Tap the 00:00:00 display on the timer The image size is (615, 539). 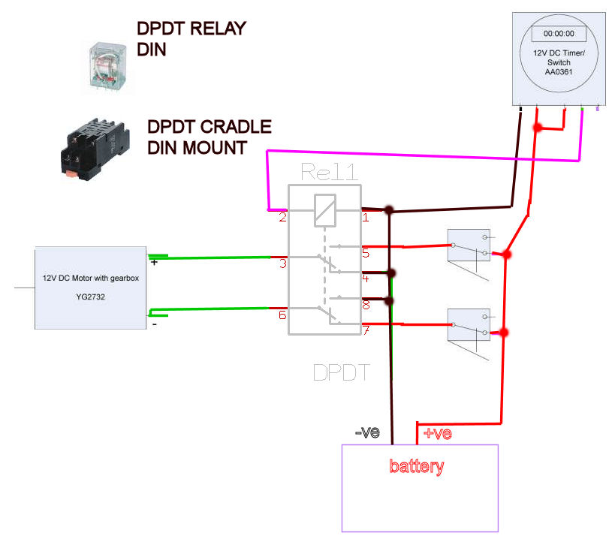tap(559, 34)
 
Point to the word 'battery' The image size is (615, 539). tap(417, 466)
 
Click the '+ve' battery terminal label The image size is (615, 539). tap(437, 433)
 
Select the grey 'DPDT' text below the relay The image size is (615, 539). tap(342, 372)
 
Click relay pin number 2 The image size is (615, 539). tap(282, 218)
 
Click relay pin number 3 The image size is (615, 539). tap(282, 263)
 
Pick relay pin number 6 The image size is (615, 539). tap(282, 315)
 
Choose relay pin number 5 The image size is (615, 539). tap(366, 252)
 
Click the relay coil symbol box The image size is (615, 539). tap(324, 209)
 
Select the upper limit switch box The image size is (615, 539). tap(469, 245)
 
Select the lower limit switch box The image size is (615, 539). tap(469, 324)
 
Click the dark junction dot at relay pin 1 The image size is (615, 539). tap(389, 211)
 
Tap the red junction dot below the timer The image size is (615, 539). tap(538, 128)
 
